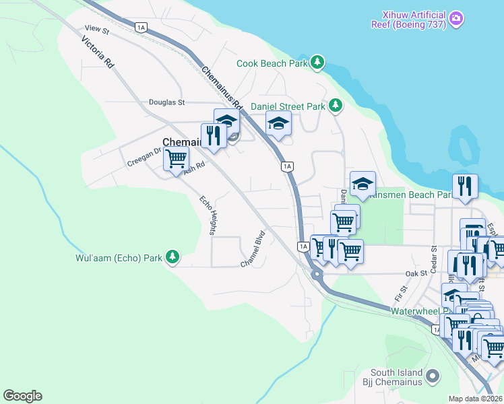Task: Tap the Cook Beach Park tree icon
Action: (x=317, y=63)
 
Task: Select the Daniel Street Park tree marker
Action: (x=335, y=106)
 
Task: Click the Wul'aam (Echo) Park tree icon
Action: (x=173, y=257)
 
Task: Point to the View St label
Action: (x=97, y=29)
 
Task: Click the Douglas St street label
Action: (x=166, y=102)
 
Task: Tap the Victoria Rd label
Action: (x=97, y=51)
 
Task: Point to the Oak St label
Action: (x=416, y=273)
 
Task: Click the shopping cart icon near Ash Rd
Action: (x=176, y=159)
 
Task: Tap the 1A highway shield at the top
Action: (x=140, y=27)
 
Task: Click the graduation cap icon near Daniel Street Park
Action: (x=278, y=124)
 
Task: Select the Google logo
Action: (x=22, y=396)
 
